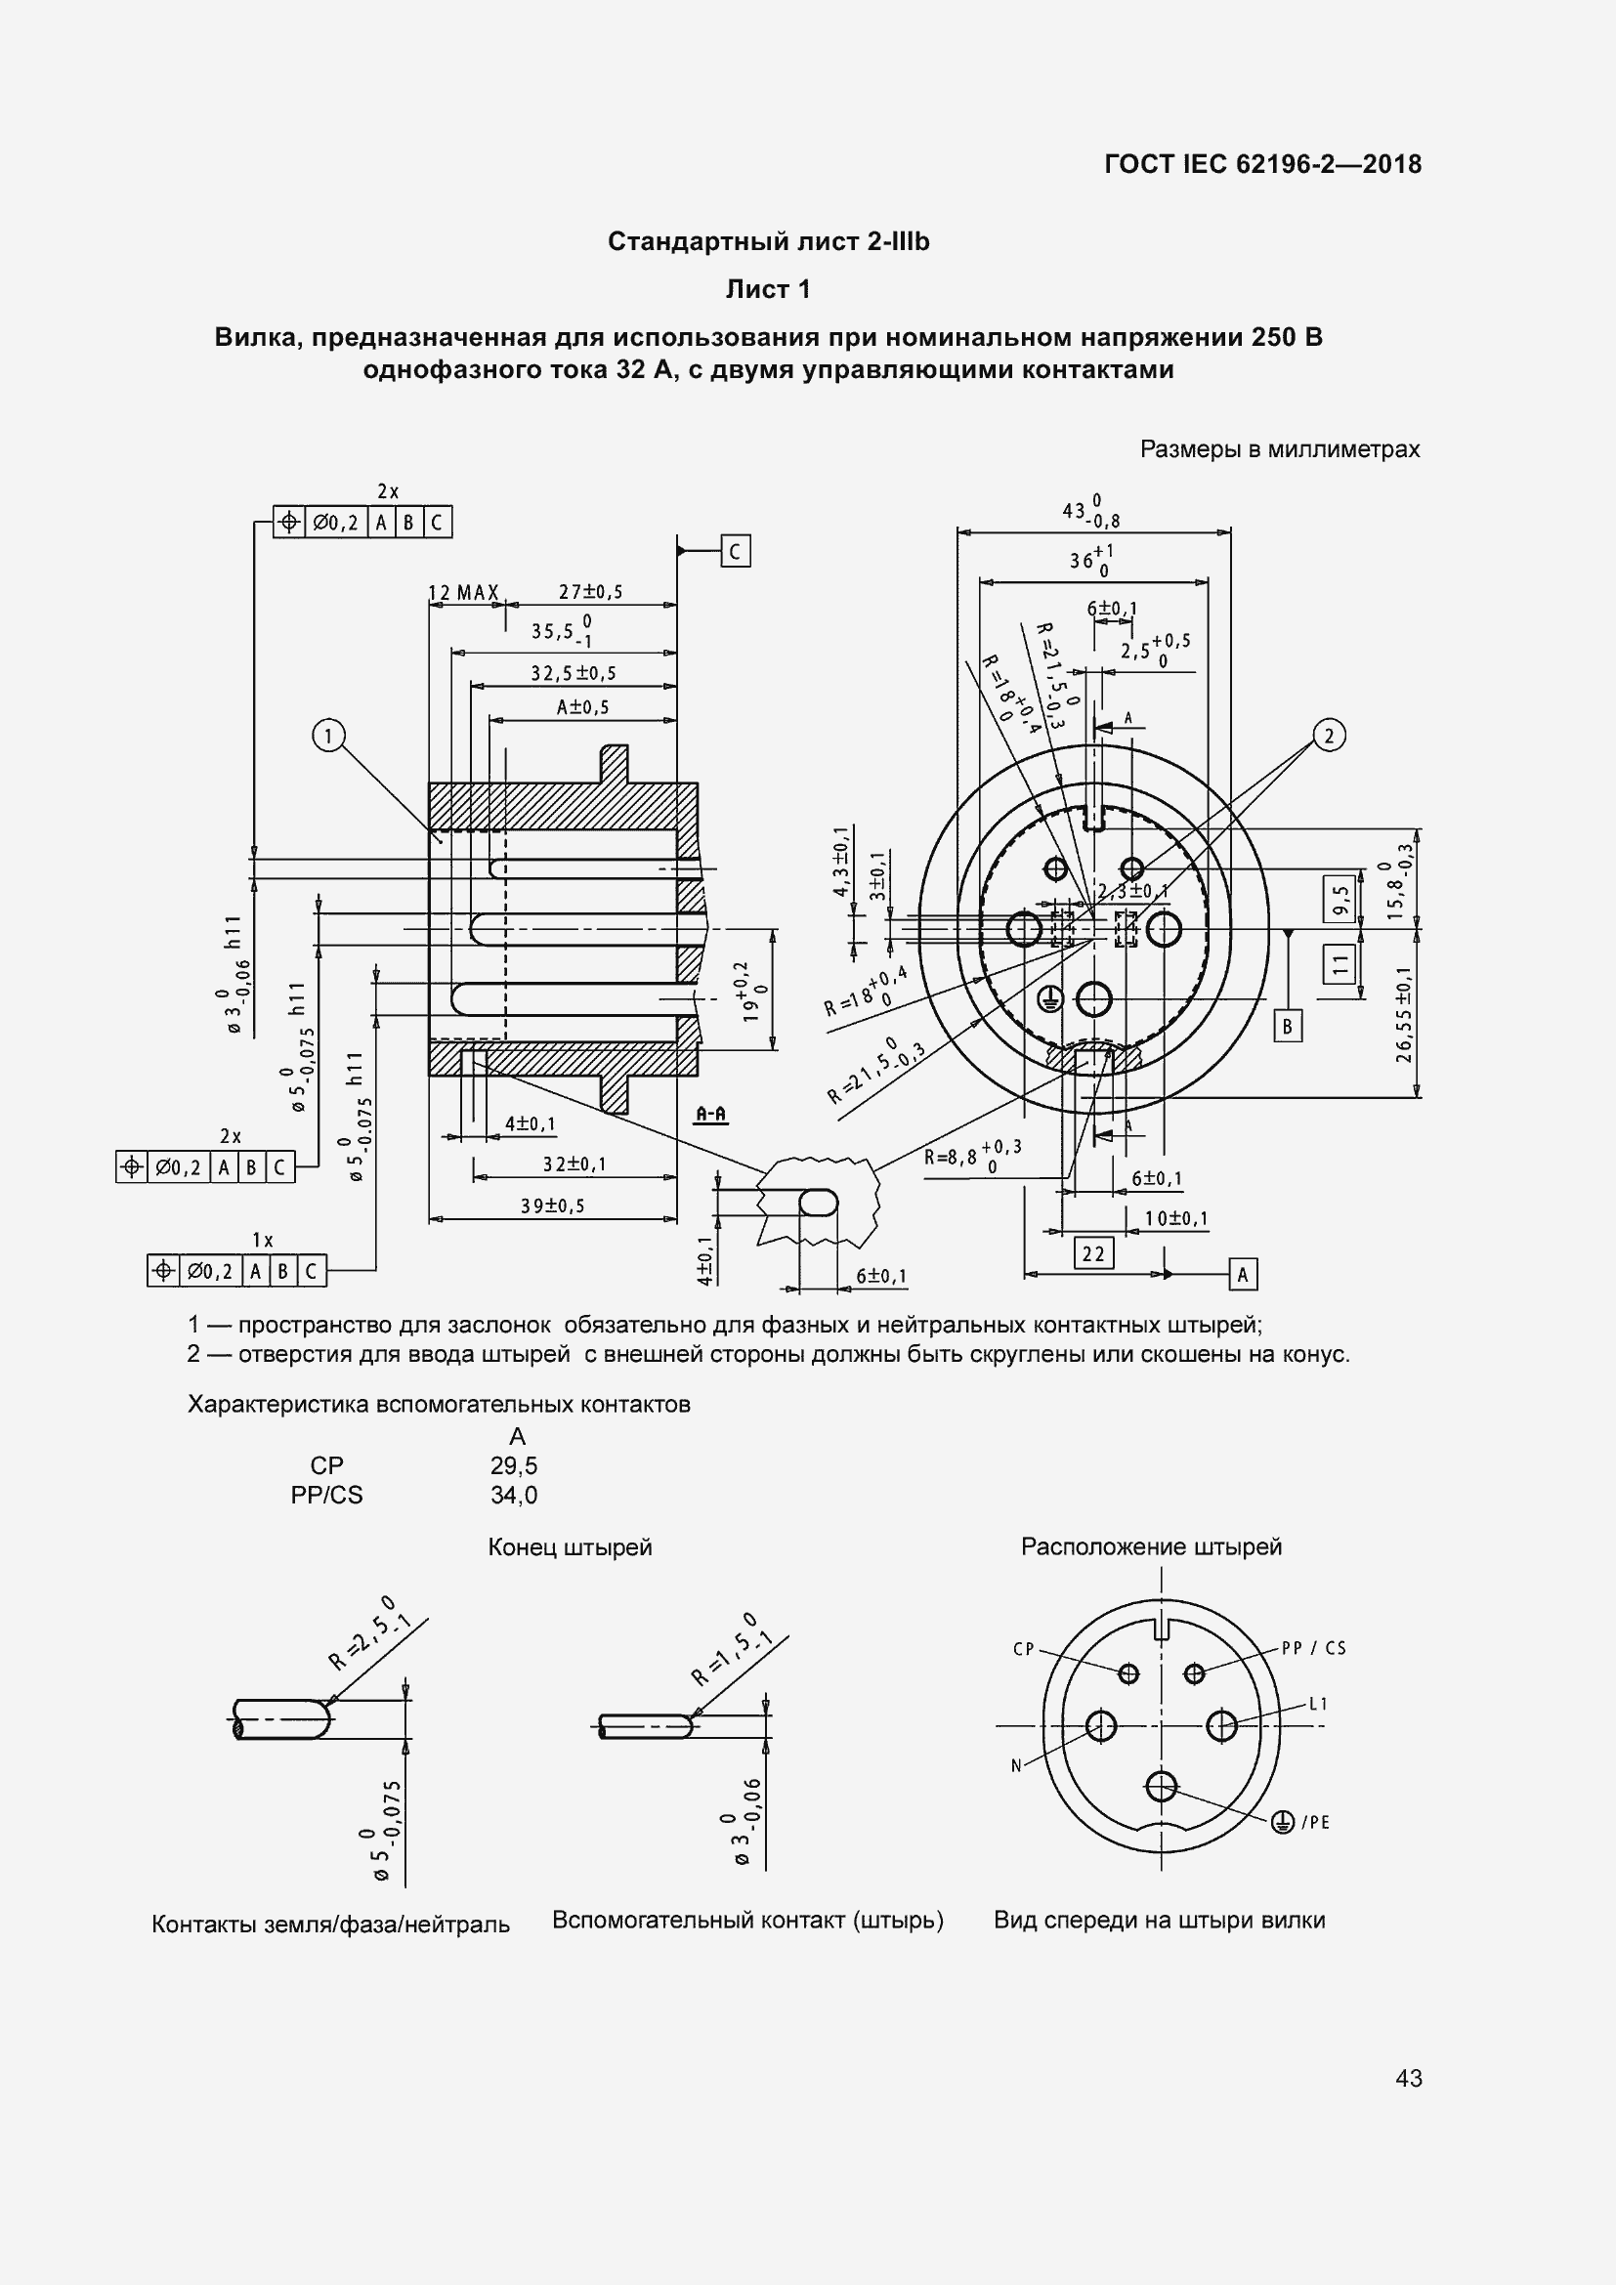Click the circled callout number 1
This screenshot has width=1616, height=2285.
point(328,737)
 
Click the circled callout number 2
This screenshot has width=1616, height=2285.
point(1330,736)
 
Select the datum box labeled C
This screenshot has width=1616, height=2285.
point(736,551)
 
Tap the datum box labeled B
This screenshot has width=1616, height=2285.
point(1288,1026)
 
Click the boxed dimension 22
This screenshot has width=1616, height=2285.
point(1093,1253)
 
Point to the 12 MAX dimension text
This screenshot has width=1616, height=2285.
point(463,593)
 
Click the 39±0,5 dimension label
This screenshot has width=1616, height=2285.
point(552,1206)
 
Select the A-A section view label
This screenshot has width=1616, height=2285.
point(710,1114)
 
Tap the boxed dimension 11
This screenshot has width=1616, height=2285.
point(1340,962)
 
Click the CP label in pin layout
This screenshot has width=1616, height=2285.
point(1024,1649)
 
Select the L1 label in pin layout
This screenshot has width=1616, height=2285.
point(1318,1704)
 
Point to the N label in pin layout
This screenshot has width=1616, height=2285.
point(1016,1766)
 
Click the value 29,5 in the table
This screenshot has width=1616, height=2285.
point(514,1465)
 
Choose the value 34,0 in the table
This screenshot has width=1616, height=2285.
point(514,1495)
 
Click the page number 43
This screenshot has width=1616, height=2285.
point(1409,2078)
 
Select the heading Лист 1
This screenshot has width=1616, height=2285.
point(767,289)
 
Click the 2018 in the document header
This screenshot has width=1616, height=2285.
point(1392,164)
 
